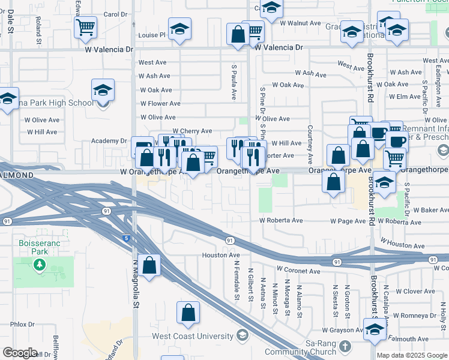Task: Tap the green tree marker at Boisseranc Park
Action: coord(40,264)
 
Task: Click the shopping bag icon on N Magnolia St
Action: coord(151,265)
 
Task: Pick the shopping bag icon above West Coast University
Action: coord(188,313)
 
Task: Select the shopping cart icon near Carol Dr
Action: coord(85,26)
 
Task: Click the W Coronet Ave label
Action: coord(298,271)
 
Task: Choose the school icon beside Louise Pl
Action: coord(179,29)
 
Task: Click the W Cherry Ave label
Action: coord(192,131)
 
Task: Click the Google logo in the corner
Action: coord(19,353)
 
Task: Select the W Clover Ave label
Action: coord(415,291)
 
